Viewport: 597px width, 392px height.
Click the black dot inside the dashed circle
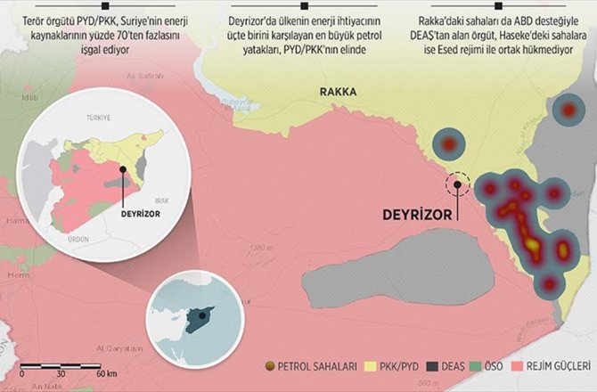tap(459, 184)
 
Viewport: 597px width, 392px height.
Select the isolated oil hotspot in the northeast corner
tap(568, 110)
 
